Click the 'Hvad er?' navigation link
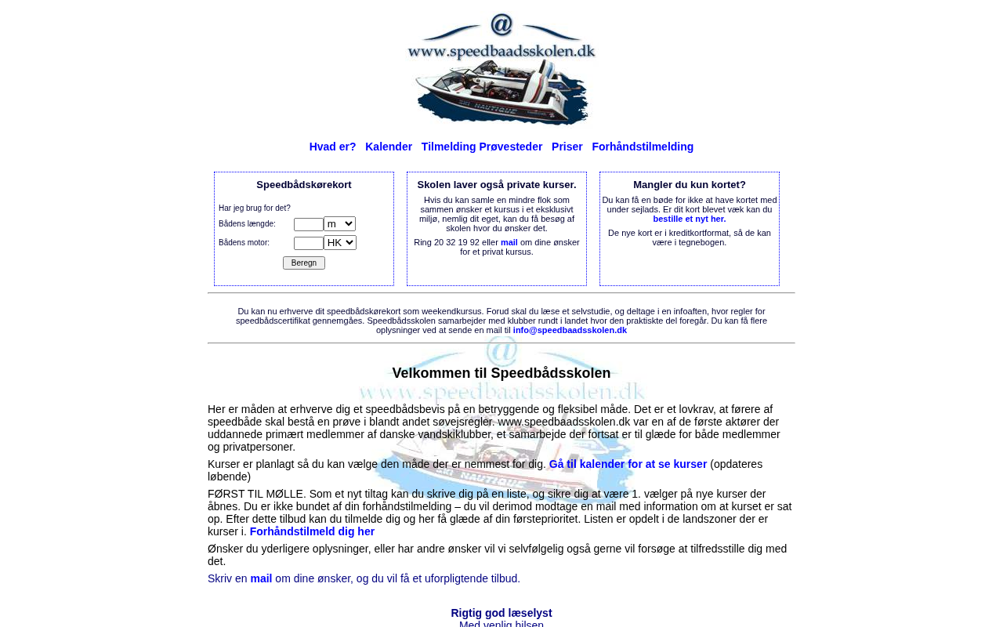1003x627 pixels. [332, 147]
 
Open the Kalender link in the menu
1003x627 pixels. [389, 147]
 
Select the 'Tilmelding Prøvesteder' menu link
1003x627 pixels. [482, 147]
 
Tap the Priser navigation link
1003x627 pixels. [567, 147]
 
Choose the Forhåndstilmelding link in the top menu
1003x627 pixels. [643, 147]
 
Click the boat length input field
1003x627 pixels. [308, 224]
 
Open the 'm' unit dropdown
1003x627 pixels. [339, 224]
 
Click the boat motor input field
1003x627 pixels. [308, 243]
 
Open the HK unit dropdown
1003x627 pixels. [340, 243]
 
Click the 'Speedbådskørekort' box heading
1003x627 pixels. [304, 185]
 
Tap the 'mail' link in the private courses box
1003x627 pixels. [509, 242]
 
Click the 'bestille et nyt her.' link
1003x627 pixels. [690, 219]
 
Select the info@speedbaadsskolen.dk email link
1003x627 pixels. [570, 330]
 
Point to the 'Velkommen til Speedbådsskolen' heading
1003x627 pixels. [501, 373]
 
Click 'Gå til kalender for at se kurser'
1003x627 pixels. [628, 464]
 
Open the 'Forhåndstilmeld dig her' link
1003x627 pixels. [312, 531]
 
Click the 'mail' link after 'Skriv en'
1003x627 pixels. [261, 578]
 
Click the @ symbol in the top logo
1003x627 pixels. [501, 24]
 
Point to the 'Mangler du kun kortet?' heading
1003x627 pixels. [690, 185]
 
